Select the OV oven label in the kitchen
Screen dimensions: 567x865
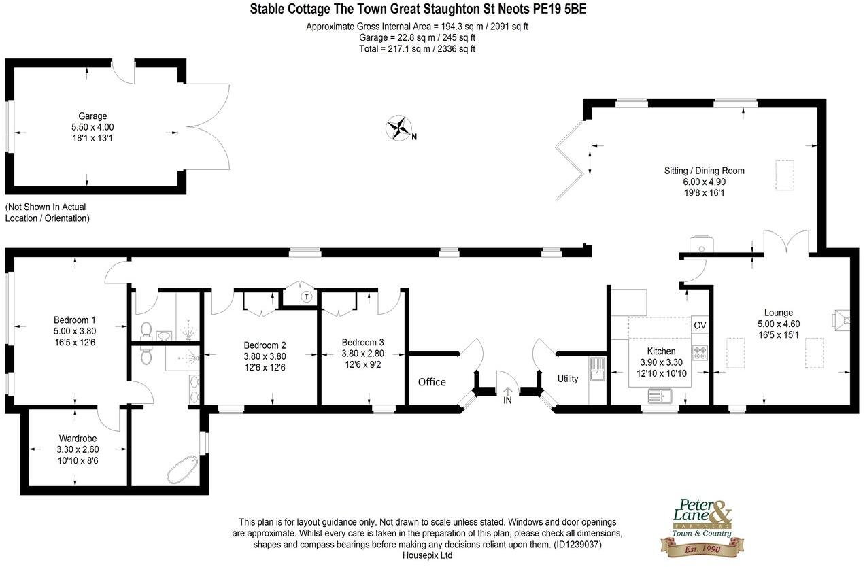[x=700, y=326]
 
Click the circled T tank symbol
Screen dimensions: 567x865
[x=307, y=296]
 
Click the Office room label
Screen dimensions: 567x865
[x=432, y=382]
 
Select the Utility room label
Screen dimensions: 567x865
[x=568, y=379]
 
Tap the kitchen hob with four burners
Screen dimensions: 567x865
[x=700, y=352]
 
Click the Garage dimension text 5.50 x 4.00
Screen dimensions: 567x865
[x=92, y=127]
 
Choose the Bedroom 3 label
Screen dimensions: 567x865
[x=362, y=342]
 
